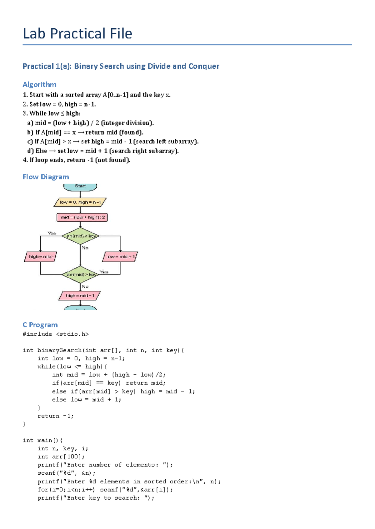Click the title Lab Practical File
77,34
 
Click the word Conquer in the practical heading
204,66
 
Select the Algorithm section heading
39,85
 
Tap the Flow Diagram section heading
46,177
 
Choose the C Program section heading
40,325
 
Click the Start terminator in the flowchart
80,186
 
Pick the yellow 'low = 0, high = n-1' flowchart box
80,202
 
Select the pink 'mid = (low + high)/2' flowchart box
82,217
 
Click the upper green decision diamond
80,236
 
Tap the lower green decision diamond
80,274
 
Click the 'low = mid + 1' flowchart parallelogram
120,257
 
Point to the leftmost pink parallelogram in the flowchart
41,257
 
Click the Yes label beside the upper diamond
52,233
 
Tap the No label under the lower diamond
85,286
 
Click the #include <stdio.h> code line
56,334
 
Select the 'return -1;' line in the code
56,416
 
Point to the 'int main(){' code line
42,440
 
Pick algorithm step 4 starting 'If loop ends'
77,160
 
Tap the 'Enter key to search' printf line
96,498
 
